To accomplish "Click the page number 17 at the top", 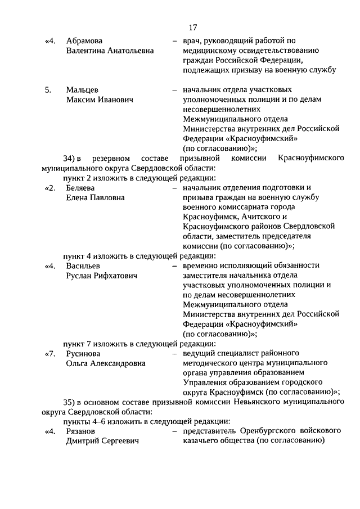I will pyautogui.click(x=192, y=27).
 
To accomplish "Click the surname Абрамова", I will pyautogui.click(x=86, y=41).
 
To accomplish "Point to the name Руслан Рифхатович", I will pyautogui.click(x=101, y=276).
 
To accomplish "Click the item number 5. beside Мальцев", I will pyautogui.click(x=48, y=89).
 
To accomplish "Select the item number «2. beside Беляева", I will pyautogui.click(x=49, y=187).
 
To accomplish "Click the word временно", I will pyautogui.click(x=201, y=265).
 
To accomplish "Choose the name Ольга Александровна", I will pyautogui.click(x=105, y=363).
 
